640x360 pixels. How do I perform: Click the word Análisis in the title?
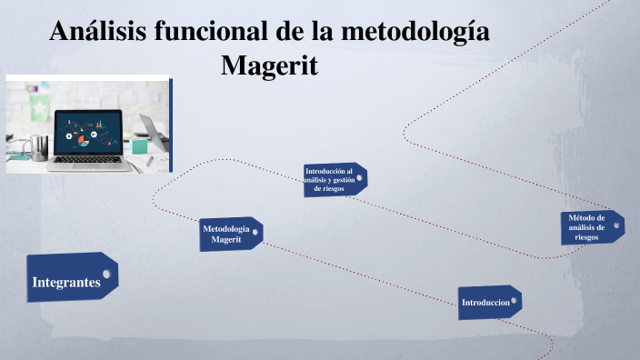pos(97,32)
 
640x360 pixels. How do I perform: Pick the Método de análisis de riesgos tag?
pos(589,227)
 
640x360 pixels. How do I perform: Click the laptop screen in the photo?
pos(88,132)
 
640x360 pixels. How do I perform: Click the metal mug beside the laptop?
pos(37,145)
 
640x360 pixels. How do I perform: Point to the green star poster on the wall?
pos(40,108)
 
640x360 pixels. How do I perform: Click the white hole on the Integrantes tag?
pos(108,273)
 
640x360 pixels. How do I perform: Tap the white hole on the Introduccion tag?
pos(515,300)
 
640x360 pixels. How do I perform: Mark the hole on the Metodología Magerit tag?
pos(255,233)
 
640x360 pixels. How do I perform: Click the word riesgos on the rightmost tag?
pos(586,236)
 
